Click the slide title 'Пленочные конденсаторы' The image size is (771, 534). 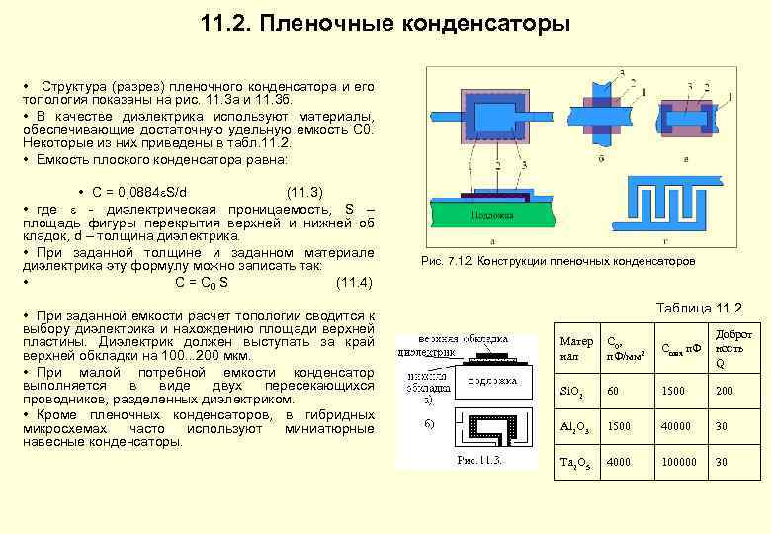[385, 23]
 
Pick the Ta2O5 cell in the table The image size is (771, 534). [574, 461]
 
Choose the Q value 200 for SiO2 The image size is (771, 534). [727, 392]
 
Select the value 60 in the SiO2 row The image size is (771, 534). [615, 392]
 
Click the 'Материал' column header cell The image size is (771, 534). [575, 348]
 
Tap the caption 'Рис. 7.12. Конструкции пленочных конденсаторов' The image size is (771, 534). [557, 261]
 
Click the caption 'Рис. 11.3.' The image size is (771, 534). [479, 461]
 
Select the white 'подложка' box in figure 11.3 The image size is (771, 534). [493, 380]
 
